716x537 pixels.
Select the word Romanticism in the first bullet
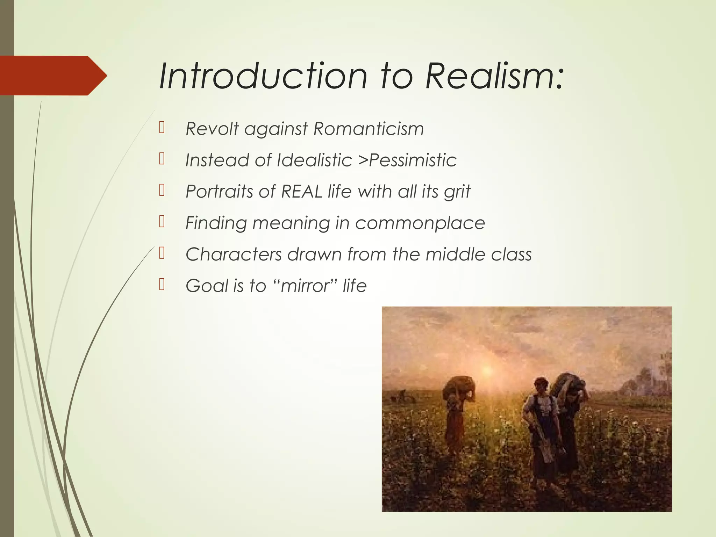click(368, 129)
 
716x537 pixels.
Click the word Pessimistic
click(413, 160)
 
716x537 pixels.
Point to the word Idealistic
click(314, 160)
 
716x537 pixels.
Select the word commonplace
click(420, 223)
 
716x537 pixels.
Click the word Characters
click(234, 254)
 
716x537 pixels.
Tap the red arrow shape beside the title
click(52, 76)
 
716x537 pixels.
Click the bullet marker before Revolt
click(162, 128)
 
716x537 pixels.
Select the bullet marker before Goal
click(162, 285)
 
